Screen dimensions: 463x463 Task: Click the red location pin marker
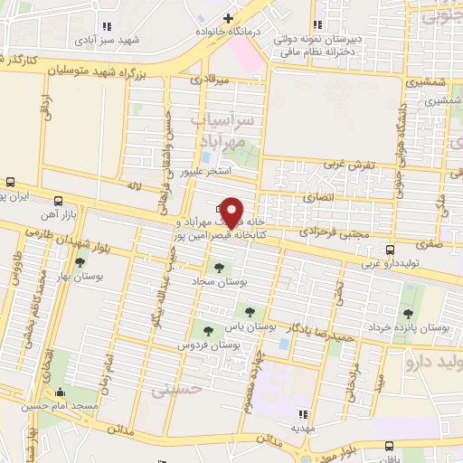pos(231,212)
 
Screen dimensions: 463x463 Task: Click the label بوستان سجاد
pos(213,282)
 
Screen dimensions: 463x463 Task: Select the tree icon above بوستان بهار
pos(80,262)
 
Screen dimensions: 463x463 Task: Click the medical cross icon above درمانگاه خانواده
pos(228,18)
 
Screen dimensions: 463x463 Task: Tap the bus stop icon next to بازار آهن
pos(59,201)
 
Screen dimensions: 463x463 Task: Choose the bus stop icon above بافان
pos(389,445)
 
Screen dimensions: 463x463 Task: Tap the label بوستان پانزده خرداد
pos(409,325)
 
